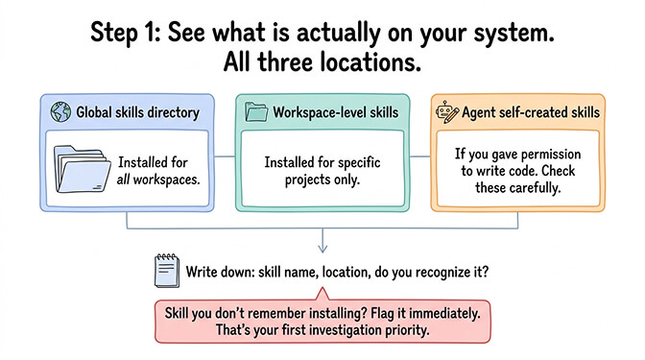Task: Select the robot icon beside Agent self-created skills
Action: [x=443, y=113]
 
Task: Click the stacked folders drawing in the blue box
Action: [x=81, y=172]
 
